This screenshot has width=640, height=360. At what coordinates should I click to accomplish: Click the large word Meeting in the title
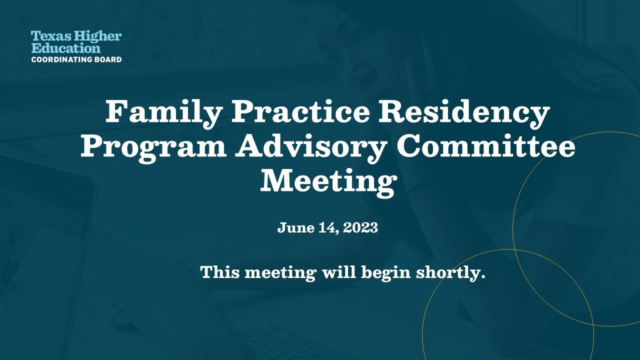[x=327, y=181]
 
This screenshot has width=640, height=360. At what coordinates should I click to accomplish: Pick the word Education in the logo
[x=65, y=48]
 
